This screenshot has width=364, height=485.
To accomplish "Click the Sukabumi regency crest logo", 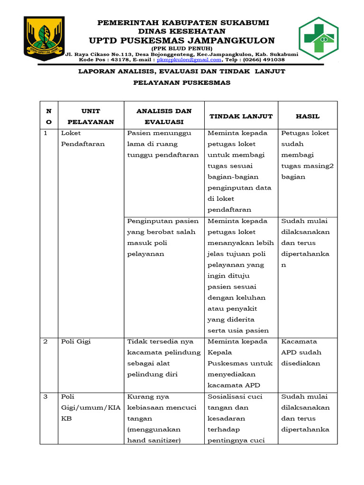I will tap(45, 37).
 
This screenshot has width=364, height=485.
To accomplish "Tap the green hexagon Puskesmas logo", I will tap(318, 39).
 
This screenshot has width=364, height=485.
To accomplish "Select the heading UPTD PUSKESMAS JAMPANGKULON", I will tap(183, 40).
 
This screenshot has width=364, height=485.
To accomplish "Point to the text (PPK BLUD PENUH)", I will tap(182, 48).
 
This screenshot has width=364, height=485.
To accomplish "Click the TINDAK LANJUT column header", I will tap(241, 116).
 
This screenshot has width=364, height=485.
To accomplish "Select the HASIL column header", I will tap(308, 116).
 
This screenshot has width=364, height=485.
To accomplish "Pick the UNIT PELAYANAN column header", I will tap(91, 116).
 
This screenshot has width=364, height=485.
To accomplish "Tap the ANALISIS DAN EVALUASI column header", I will tap(164, 116).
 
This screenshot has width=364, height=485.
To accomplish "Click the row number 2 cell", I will tap(46, 341).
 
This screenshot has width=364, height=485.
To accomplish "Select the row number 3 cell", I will tap(46, 396).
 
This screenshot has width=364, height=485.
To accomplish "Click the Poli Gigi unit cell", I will tap(76, 341).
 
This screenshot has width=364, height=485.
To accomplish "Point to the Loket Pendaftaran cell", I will tap(83, 138).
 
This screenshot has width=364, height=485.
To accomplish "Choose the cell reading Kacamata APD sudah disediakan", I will tap(301, 352).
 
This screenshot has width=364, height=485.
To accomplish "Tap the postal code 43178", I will tap(118, 60).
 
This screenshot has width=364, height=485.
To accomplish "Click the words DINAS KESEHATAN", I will tap(183, 31).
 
